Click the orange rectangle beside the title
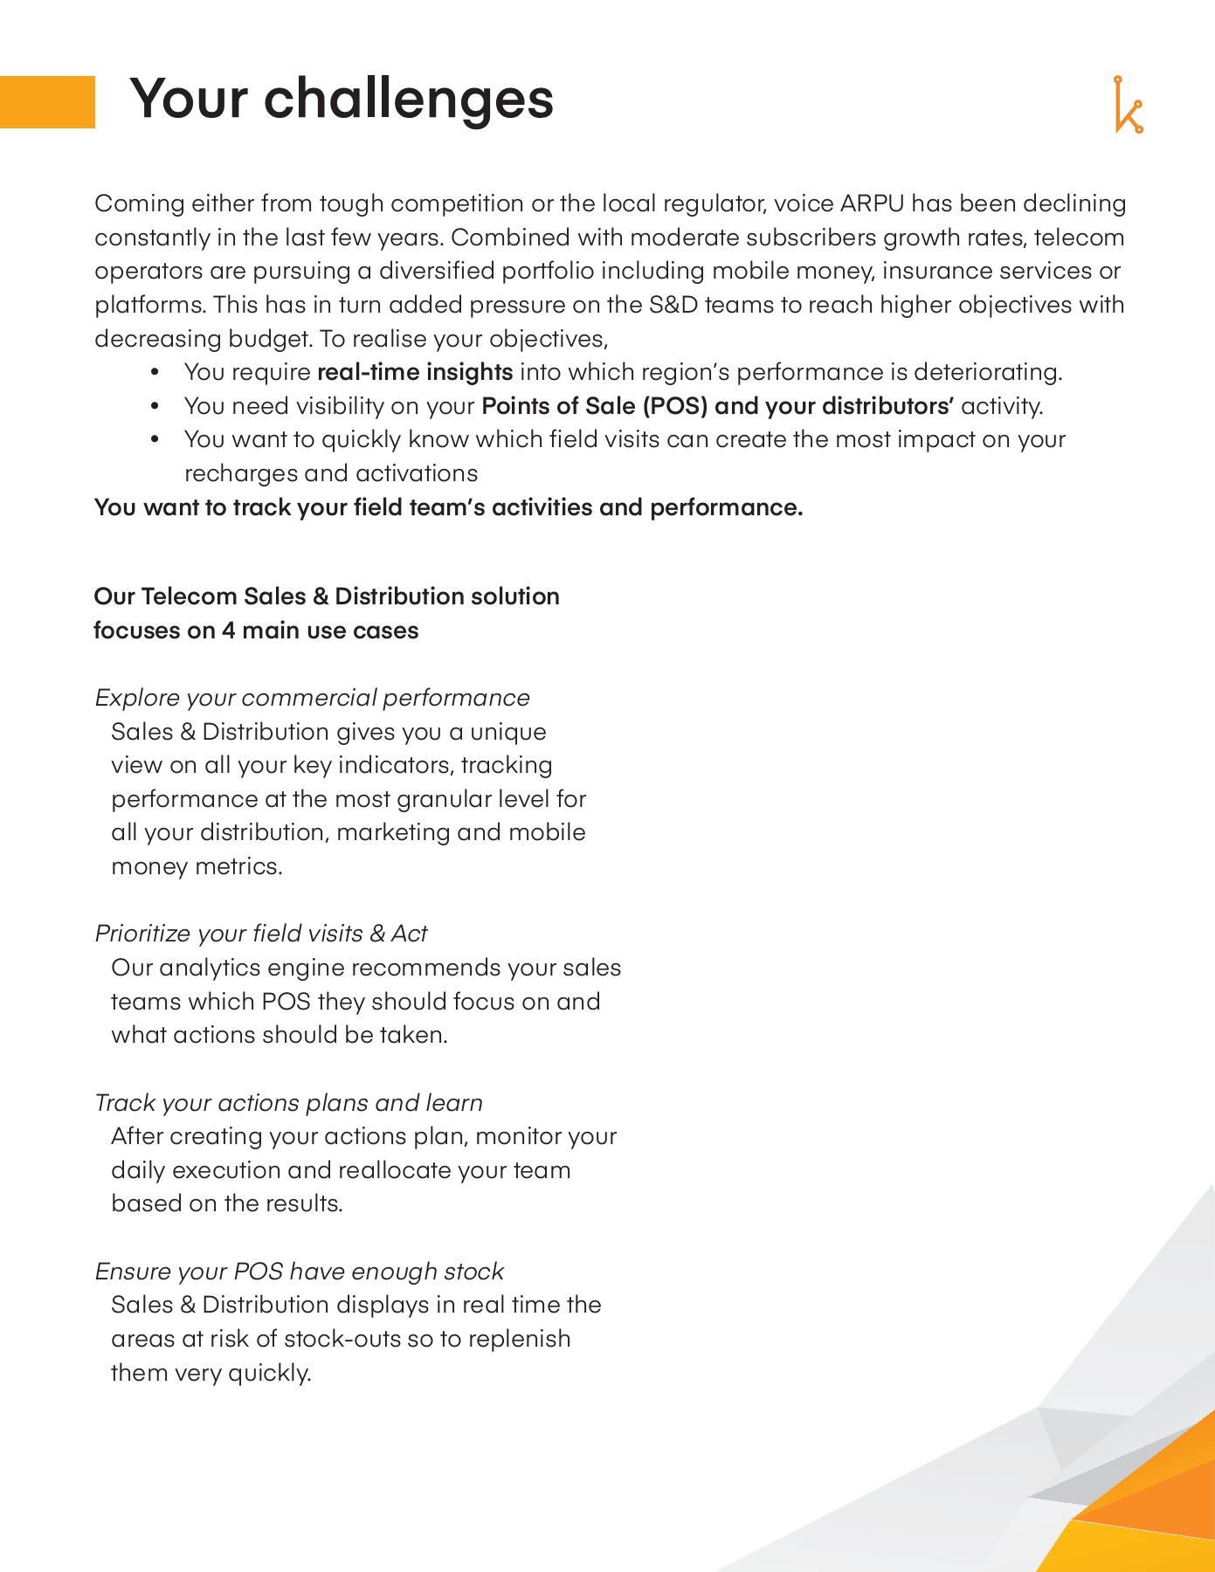[47, 101]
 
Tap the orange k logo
[1128, 106]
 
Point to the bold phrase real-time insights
[414, 372]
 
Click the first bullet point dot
[155, 373]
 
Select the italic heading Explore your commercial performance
[312, 698]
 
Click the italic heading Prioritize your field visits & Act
[260, 934]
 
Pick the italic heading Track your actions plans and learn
[288, 1103]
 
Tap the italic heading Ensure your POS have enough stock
[299, 1272]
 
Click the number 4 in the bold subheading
[228, 631]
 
